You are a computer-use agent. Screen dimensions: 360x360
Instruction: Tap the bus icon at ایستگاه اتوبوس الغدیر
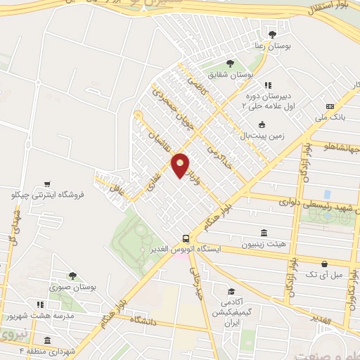pyautogui.click(x=186, y=239)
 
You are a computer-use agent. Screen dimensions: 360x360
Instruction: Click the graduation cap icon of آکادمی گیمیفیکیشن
pyautogui.click(x=230, y=292)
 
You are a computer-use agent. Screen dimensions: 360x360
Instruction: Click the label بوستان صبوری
pyautogui.click(x=72, y=287)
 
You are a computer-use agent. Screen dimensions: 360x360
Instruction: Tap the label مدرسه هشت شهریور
pyautogui.click(x=60, y=316)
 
